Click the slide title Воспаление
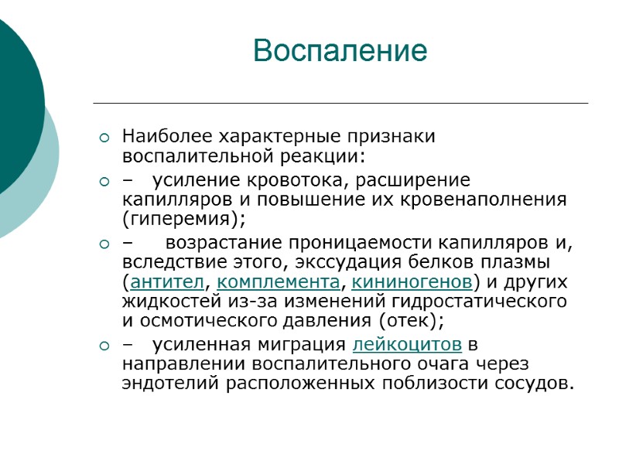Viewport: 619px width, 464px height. pyautogui.click(x=340, y=51)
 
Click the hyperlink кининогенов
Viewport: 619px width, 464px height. pyautogui.click(x=412, y=280)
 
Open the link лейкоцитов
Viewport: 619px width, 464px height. pyautogui.click(x=408, y=343)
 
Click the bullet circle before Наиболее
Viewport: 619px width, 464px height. pyautogui.click(x=105, y=139)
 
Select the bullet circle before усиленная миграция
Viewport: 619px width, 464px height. pyautogui.click(x=105, y=345)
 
